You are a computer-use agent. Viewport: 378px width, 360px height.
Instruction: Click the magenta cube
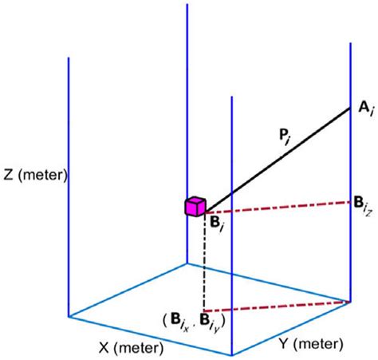[195, 206]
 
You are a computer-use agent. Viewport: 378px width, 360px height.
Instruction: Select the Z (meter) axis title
[33, 174]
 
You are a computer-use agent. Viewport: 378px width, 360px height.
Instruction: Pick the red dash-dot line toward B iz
[279, 207]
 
